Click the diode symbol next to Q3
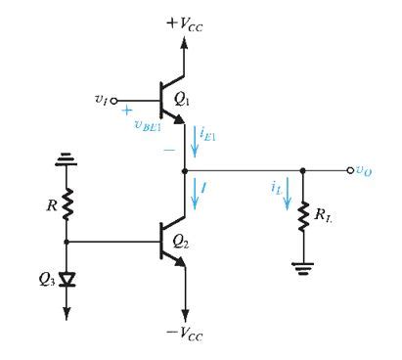click(67, 281)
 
